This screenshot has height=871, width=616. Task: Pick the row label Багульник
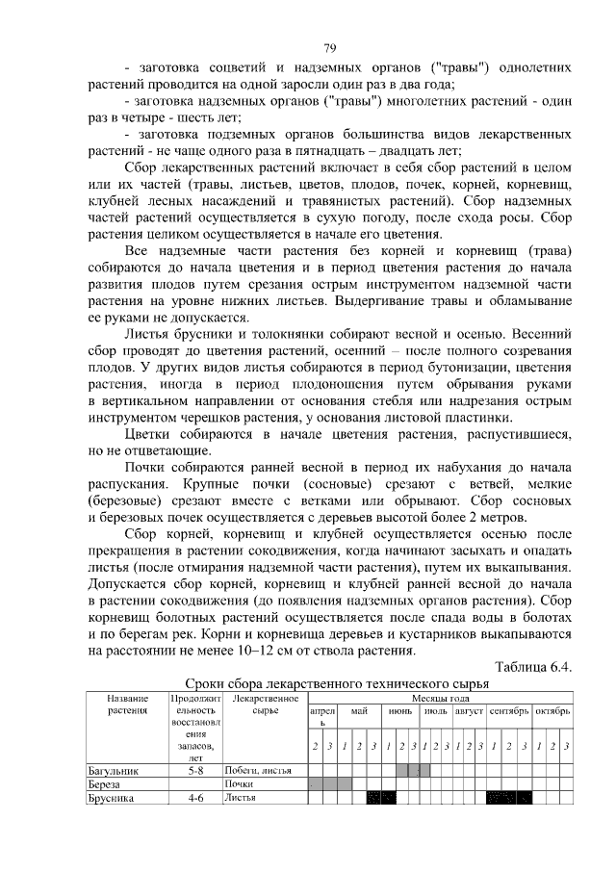coord(114,770)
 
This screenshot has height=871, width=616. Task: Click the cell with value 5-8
coord(195,770)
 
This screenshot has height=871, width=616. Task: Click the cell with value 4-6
coord(195,797)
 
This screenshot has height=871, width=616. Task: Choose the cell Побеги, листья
coord(259,770)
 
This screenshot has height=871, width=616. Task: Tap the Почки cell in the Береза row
coord(239,783)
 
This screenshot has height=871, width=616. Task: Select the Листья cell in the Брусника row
coord(241,797)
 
